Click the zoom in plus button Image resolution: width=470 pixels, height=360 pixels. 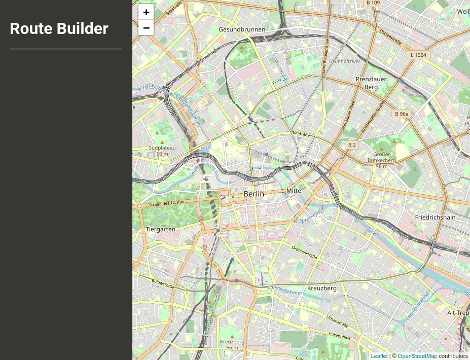point(146,12)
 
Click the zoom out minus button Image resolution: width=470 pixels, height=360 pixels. point(146,28)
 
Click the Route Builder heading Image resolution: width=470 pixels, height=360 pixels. point(59,28)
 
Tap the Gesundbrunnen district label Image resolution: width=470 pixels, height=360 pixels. point(242,29)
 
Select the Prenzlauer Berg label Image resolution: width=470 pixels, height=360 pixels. point(371,83)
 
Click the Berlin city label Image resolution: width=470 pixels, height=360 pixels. point(254,194)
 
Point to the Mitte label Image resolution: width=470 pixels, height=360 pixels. point(294,191)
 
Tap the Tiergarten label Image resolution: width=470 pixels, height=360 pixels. point(160,229)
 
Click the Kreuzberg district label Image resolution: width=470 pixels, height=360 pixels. point(322,288)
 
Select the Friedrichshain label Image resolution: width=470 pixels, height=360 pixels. point(435,217)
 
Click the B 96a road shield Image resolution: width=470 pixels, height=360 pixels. point(402,114)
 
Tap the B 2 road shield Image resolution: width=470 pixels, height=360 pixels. point(351,145)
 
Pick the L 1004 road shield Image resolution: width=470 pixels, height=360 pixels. point(418,55)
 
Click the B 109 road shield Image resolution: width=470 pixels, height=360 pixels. point(373,3)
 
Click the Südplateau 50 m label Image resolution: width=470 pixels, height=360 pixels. point(162,151)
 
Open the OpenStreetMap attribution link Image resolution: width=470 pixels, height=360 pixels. point(417,356)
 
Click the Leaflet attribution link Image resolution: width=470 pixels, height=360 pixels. point(379,356)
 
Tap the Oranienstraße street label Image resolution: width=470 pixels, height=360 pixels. point(305,252)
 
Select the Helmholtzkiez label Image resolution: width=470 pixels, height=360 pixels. point(344,61)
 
